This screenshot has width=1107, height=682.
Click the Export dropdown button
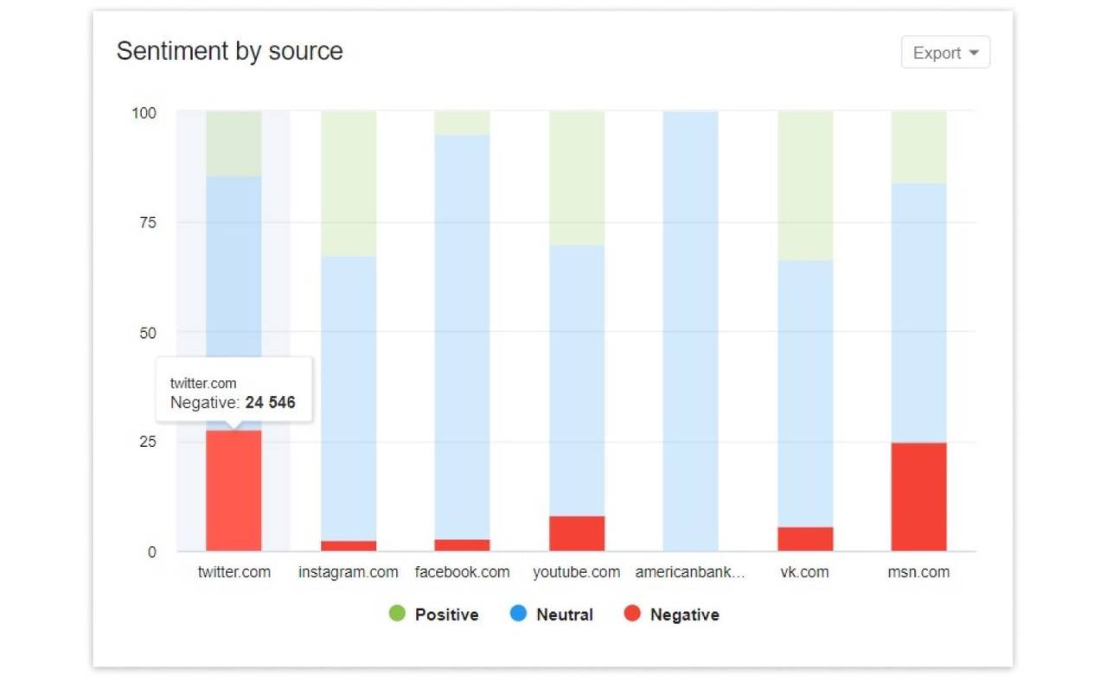tap(945, 53)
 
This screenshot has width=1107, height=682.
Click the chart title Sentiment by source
tap(229, 51)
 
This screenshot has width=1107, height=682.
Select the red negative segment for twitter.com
tap(234, 491)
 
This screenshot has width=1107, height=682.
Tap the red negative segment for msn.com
tap(918, 497)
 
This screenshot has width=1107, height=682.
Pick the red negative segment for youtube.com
tap(577, 533)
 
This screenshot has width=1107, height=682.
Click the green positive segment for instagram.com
tap(349, 183)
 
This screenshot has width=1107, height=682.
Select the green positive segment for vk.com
tap(805, 185)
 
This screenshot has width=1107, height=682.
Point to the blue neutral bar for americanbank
tap(690, 331)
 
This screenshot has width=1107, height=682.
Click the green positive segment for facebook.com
tap(462, 123)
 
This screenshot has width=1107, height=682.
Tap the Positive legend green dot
tap(397, 615)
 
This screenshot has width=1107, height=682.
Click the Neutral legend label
tap(564, 615)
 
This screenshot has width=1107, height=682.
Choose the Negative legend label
tap(684, 615)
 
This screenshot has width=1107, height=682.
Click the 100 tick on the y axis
tap(144, 113)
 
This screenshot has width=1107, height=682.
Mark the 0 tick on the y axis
tap(151, 551)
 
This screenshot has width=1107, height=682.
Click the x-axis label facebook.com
tap(462, 572)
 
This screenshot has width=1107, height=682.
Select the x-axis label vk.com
tap(804, 572)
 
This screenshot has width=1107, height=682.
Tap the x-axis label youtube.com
tap(576, 572)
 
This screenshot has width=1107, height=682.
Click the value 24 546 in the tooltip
tap(270, 402)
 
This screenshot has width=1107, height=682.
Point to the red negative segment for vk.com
tap(805, 539)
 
